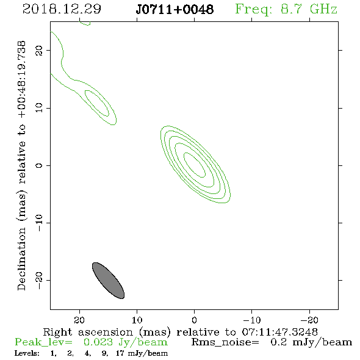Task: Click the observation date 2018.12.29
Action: [62, 9]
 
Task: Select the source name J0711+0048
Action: [175, 9]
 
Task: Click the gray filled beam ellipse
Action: [108, 280]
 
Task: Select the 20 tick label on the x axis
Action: [79, 320]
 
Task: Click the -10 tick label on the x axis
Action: [251, 320]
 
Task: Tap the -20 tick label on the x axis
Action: [309, 320]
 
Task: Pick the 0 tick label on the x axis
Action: [194, 320]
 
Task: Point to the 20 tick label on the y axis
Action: [39, 50]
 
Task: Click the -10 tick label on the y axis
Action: [39, 223]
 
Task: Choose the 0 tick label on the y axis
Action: [39, 165]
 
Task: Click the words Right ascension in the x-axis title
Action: [88, 332]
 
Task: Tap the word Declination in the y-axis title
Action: [21, 259]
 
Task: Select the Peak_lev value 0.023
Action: [98, 342]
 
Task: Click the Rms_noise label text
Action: [225, 342]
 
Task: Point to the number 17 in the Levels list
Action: [120, 353]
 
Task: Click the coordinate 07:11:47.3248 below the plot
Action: [279, 332]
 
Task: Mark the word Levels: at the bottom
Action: [27, 353]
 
